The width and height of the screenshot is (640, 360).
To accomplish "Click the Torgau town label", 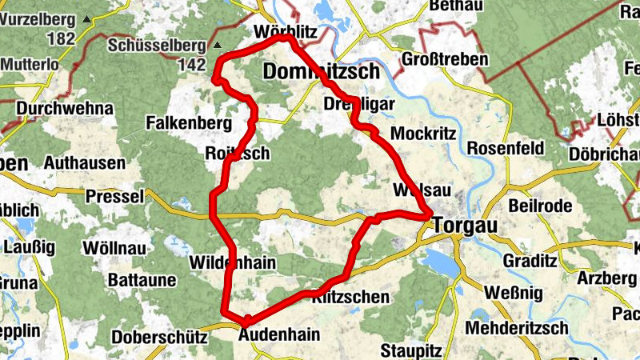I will pyautogui.click(x=465, y=226).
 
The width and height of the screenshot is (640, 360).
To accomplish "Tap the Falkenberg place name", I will pyautogui.click(x=189, y=123).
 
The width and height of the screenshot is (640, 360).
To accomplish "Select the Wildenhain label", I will pyautogui.click(x=232, y=262).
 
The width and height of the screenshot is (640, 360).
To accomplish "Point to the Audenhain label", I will pyautogui.click(x=280, y=334).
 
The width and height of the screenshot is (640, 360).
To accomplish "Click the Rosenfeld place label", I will pyautogui.click(x=505, y=149).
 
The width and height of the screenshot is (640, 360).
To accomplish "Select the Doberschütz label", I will pyautogui.click(x=160, y=337).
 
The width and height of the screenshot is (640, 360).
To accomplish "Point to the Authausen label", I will pyautogui.click(x=86, y=163).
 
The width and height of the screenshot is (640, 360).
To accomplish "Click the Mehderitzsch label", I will pyautogui.click(x=517, y=328).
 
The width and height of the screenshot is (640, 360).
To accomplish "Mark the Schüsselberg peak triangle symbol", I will pyautogui.click(x=217, y=45).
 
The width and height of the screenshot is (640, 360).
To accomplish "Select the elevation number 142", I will pyautogui.click(x=193, y=65).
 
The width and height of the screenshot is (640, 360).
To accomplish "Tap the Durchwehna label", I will pyautogui.click(x=55, y=108).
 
